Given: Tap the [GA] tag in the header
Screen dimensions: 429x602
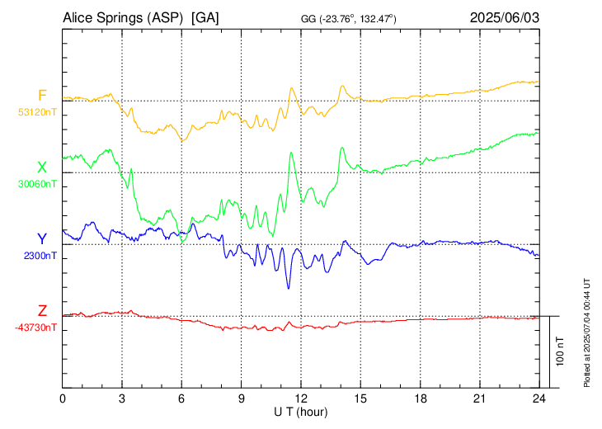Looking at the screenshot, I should coord(205,17).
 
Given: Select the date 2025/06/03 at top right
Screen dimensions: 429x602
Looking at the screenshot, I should coord(505,17).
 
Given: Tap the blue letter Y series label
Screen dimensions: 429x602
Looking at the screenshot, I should coord(42,239).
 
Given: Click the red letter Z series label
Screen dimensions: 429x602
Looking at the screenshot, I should coord(42,311).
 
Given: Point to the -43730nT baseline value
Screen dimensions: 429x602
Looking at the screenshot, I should coord(35,328).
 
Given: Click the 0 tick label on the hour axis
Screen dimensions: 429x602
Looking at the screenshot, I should coord(63,398).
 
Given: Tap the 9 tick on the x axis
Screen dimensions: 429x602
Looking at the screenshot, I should coord(242,398).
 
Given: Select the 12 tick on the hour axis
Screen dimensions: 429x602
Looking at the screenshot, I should coord(301,398).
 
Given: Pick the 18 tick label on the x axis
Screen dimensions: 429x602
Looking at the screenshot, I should coord(420,398).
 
